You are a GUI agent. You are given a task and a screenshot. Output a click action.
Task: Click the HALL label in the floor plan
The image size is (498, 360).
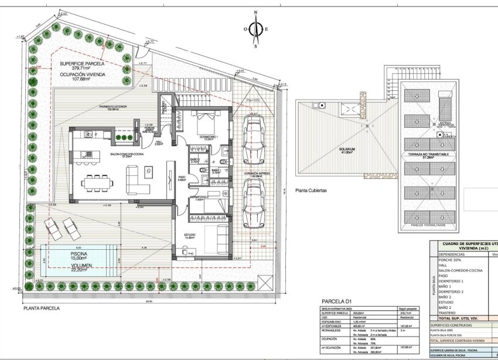pos(158,142)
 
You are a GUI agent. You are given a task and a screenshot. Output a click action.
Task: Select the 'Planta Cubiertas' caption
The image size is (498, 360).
pos(311,191)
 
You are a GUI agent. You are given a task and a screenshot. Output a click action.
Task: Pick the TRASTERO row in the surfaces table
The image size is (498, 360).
pos(448,312)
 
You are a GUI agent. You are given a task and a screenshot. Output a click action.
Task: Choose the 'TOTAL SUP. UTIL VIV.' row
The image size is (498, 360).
pos(460,318)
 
